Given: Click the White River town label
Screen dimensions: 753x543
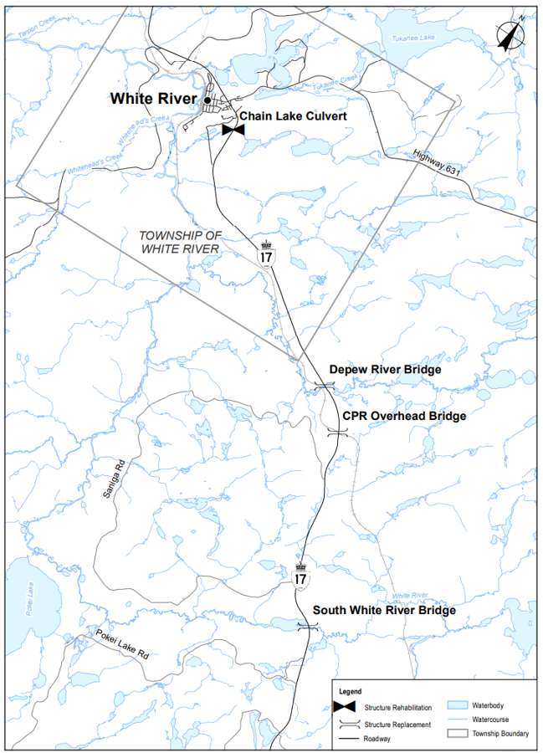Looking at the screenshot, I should [x=153, y=100].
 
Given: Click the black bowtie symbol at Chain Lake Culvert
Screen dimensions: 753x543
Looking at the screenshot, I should [x=233, y=130].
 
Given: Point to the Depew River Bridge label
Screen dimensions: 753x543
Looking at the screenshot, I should [x=385, y=369].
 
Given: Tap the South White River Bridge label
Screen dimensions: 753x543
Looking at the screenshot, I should [x=384, y=611].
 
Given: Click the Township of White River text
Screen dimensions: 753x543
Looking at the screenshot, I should [x=179, y=243].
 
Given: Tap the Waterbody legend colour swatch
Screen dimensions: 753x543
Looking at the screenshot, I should [x=458, y=705].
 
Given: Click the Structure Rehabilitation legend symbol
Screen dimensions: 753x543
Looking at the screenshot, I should [x=343, y=708].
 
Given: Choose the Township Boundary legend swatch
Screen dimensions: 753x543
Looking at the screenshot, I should [x=458, y=734].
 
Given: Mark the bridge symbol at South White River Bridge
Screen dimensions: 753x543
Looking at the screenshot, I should [x=309, y=626].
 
